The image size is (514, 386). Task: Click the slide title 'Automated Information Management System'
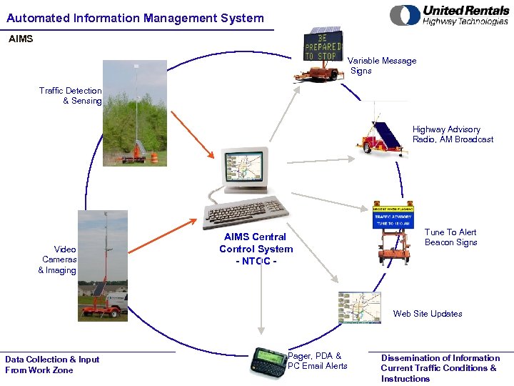[135, 18]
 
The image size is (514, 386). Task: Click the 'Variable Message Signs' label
[382, 66]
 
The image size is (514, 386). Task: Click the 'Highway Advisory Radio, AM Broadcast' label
[453, 134]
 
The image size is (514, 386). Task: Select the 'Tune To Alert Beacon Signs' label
[450, 237]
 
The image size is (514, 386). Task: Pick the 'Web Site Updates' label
[427, 314]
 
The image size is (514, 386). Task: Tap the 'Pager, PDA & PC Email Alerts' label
[317, 361]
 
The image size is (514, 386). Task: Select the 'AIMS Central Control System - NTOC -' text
[256, 249]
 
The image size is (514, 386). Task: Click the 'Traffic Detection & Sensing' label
[71, 96]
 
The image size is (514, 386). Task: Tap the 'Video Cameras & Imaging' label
[59, 259]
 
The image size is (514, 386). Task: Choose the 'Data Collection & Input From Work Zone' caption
[52, 365]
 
